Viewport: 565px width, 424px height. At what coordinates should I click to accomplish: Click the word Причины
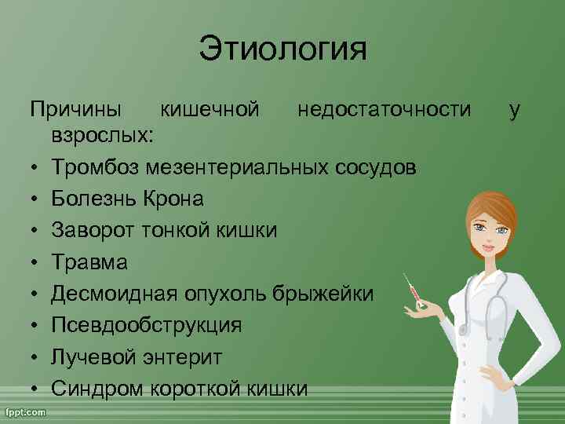point(76,110)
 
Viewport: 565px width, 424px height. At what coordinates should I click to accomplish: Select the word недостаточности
point(385,110)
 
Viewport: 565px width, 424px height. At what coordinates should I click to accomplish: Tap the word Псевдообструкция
point(147,325)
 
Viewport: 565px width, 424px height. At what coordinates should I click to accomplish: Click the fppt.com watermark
point(25,411)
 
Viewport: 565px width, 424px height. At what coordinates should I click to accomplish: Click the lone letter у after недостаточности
point(514,110)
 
